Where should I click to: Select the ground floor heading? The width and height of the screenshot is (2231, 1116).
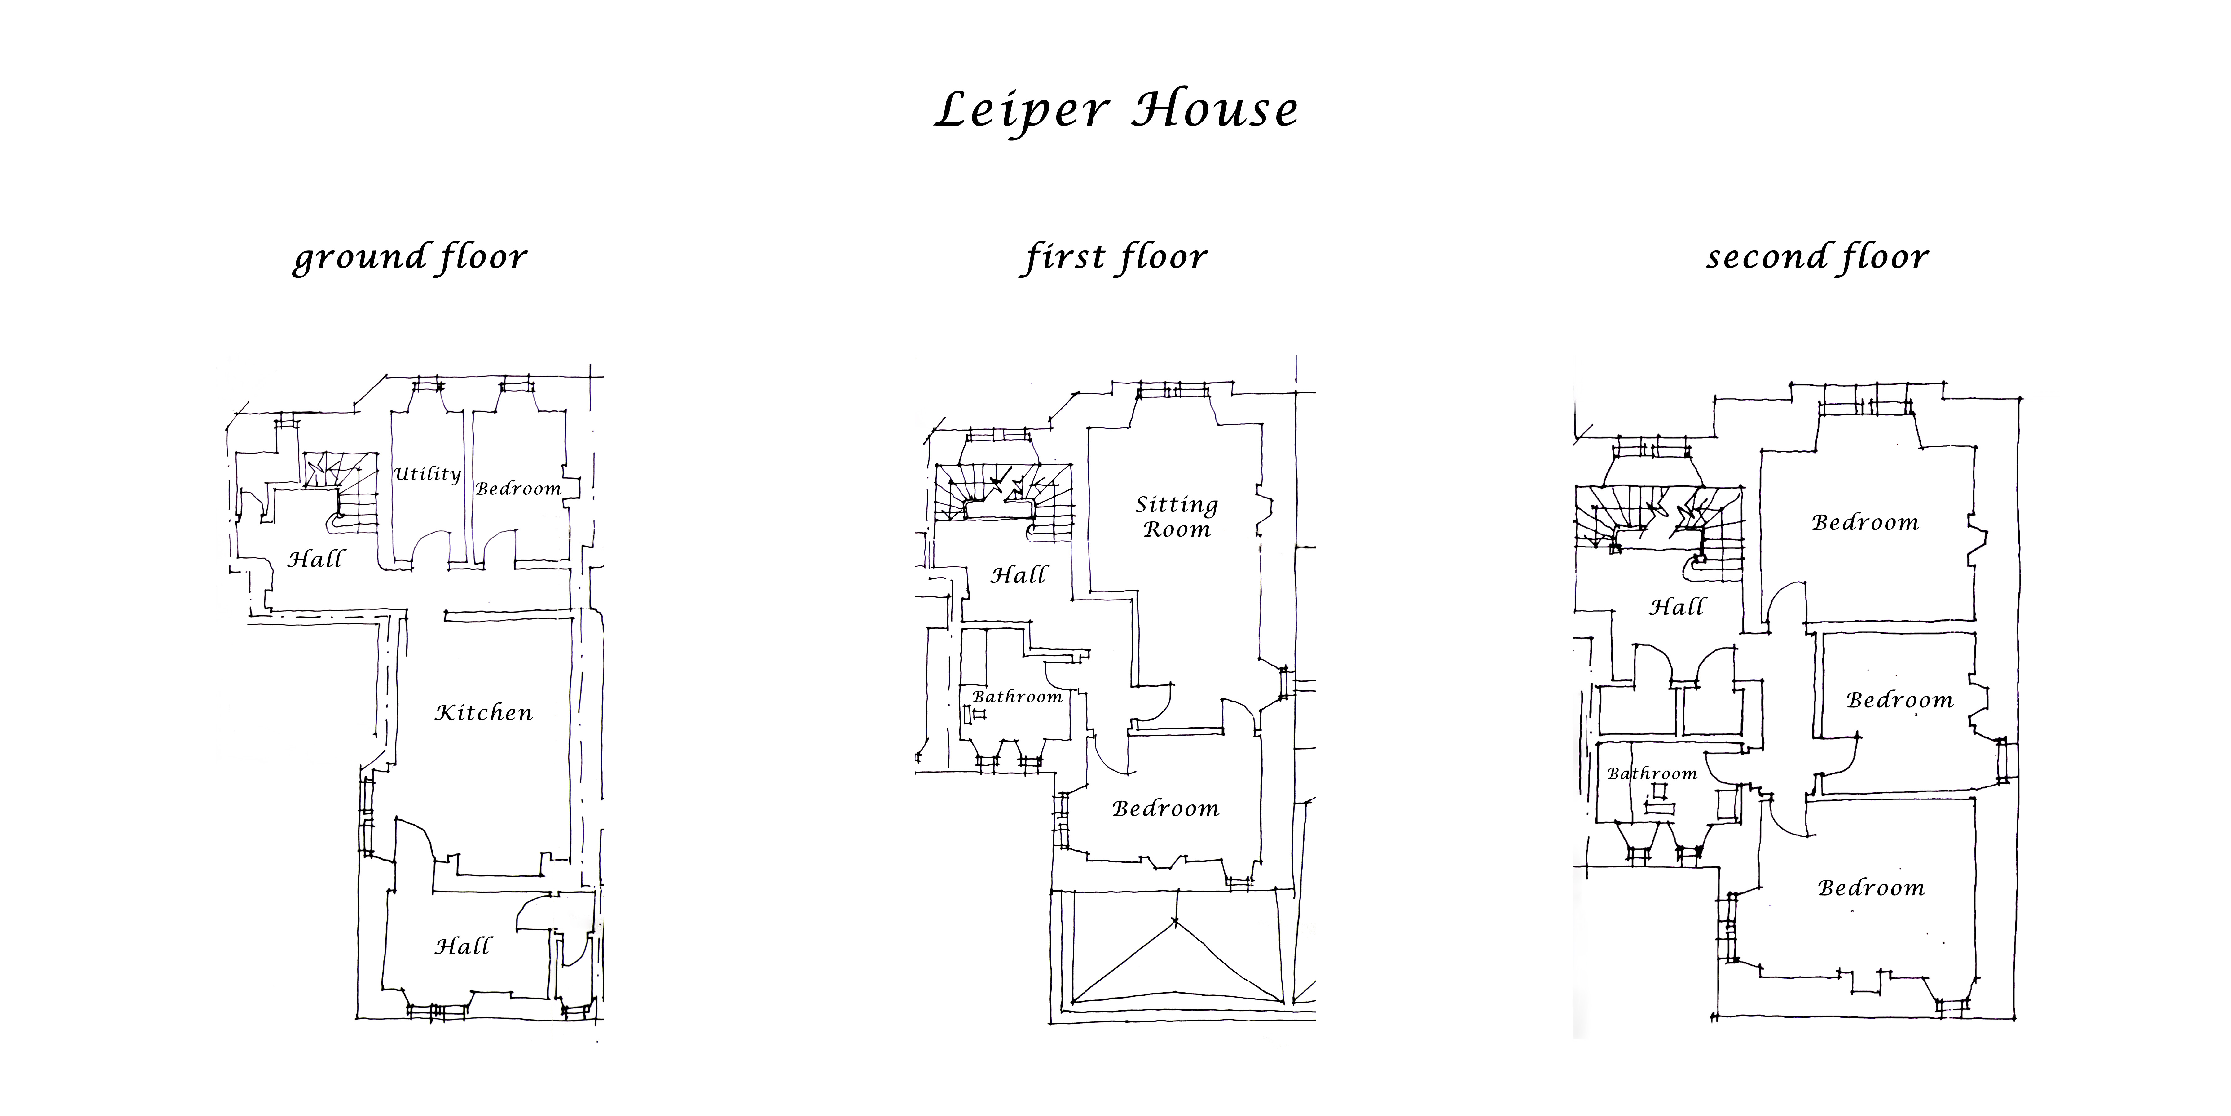click(410, 257)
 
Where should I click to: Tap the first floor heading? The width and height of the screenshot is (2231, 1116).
click(1115, 257)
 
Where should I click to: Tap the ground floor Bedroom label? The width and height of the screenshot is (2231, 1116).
click(518, 489)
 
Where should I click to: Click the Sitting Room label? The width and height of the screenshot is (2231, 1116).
click(1176, 516)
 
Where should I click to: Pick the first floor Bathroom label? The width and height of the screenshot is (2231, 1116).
click(1017, 697)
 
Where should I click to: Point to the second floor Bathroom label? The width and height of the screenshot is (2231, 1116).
click(1652, 774)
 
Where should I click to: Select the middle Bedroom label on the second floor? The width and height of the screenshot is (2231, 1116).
click(1899, 700)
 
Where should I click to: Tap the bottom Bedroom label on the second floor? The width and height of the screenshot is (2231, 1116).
click(1871, 888)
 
